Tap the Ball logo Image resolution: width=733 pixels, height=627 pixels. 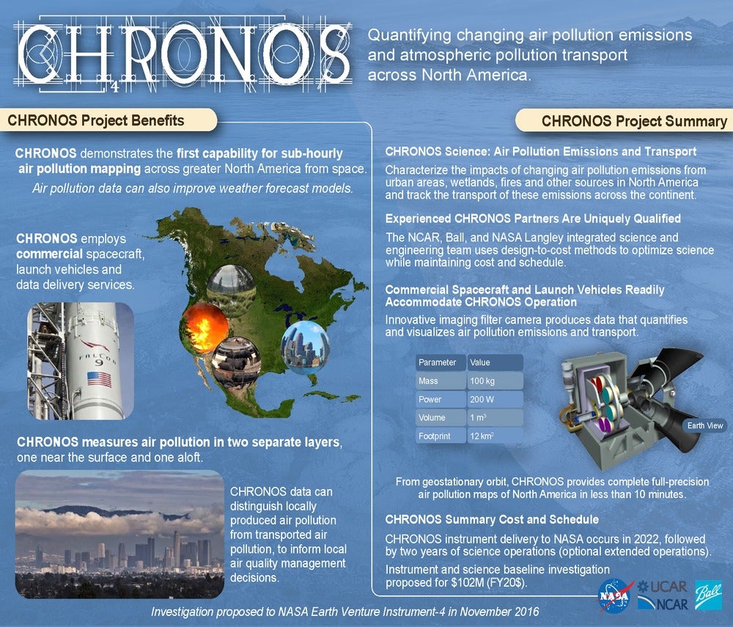[708, 595]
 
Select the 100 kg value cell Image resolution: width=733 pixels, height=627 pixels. [495, 381]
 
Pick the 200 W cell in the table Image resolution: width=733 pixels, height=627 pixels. [495, 399]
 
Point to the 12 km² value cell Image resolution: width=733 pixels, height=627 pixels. [495, 436]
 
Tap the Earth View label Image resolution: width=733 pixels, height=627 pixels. [705, 425]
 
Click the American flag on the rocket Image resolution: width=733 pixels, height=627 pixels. [100, 378]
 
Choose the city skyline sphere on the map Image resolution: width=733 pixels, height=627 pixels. [306, 347]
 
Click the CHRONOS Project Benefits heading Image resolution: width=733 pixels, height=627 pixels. [96, 120]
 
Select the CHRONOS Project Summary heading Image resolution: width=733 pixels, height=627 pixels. [634, 121]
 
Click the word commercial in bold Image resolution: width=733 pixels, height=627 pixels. [49, 254]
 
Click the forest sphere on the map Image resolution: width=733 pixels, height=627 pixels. [232, 290]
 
